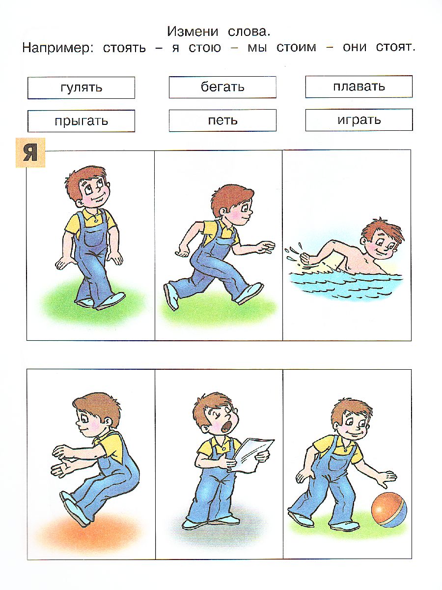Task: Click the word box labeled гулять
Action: (x=81, y=88)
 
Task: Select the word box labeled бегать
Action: (x=222, y=87)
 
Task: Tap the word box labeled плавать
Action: (x=359, y=87)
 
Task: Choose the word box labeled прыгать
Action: (x=81, y=120)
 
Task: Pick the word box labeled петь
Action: (x=222, y=120)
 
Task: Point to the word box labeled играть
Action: (x=359, y=119)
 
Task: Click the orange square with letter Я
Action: (x=30, y=153)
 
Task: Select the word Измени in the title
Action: (x=193, y=32)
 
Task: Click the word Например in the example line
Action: (x=57, y=48)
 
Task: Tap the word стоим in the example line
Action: (x=297, y=48)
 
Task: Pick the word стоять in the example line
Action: (x=124, y=48)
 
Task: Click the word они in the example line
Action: (x=355, y=48)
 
